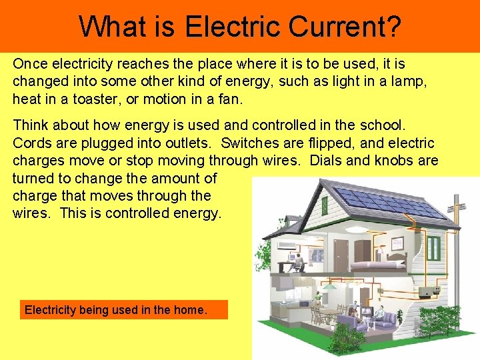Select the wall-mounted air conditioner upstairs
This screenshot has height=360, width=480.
pyautogui.click(x=287, y=245)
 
